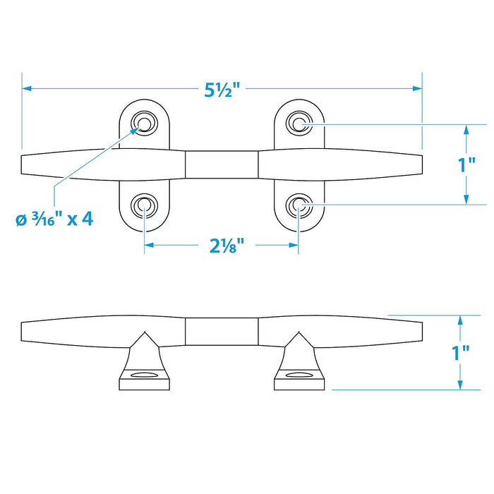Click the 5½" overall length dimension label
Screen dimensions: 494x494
click(x=222, y=90)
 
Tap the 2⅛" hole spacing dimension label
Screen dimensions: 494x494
click(x=227, y=246)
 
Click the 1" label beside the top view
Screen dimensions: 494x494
click(x=466, y=164)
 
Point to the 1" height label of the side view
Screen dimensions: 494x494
click(x=461, y=353)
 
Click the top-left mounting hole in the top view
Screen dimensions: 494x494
click(x=144, y=123)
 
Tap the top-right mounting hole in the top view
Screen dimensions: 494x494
click(x=299, y=123)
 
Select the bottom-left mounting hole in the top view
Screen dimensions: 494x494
click(x=144, y=206)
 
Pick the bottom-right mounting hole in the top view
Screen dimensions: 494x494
click(x=299, y=206)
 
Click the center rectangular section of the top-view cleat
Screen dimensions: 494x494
click(x=222, y=164)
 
